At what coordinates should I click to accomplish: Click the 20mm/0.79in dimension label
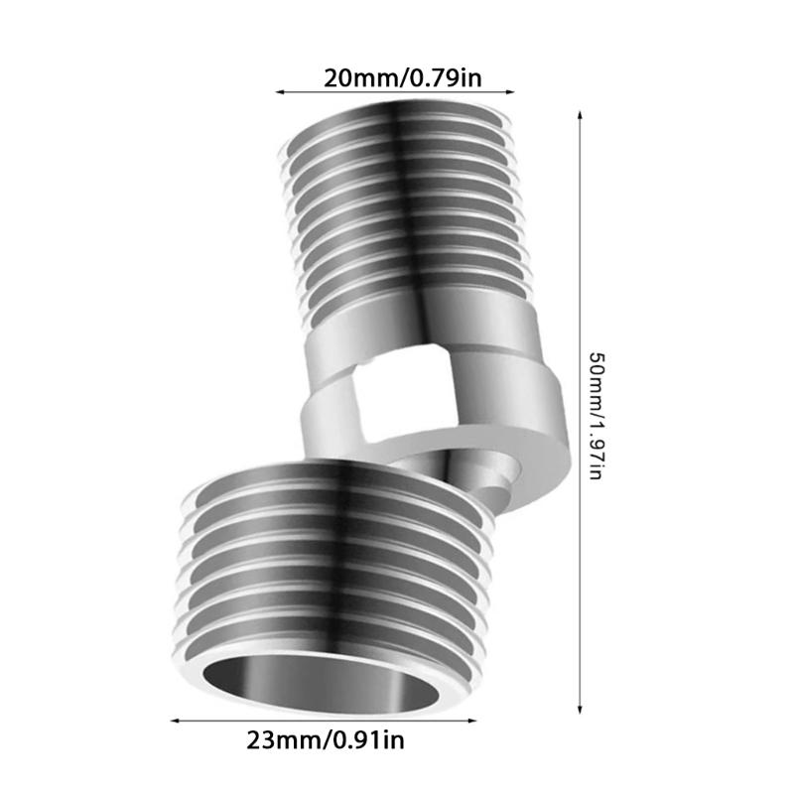(x=394, y=75)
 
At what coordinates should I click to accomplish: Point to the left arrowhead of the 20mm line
(x=279, y=92)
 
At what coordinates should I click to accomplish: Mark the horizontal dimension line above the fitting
(x=394, y=92)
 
